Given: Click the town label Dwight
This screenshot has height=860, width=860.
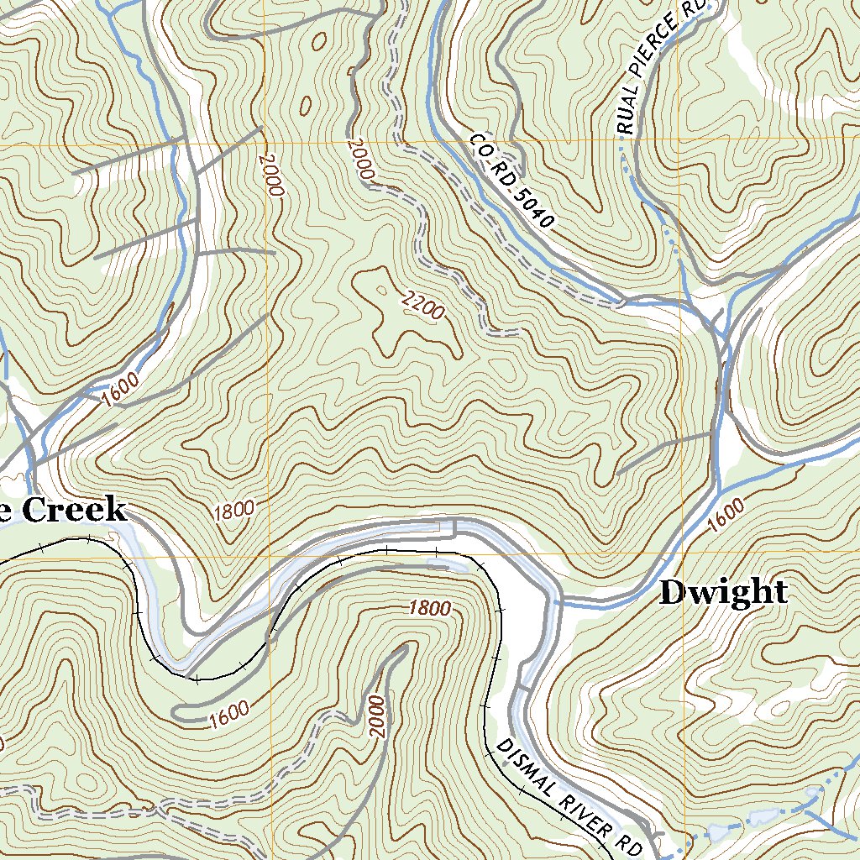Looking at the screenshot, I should [723, 593].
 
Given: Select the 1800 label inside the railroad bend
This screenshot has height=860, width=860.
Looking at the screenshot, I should [430, 608].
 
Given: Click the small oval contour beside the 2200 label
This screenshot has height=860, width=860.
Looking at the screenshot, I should [383, 291].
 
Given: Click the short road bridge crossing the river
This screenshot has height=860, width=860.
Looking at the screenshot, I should [454, 527].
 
